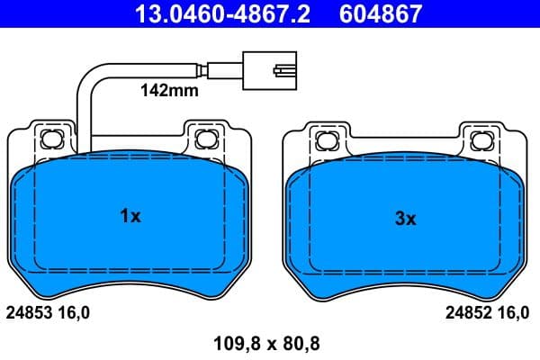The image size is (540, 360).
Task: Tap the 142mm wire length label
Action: click(x=166, y=90)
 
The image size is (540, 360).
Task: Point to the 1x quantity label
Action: click(x=130, y=216)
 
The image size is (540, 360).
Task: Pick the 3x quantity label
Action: click(x=405, y=218)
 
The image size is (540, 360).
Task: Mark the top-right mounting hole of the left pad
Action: click(x=204, y=139)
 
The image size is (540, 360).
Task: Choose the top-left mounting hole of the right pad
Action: click(x=326, y=139)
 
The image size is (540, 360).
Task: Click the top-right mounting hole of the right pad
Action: click(x=480, y=139)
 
